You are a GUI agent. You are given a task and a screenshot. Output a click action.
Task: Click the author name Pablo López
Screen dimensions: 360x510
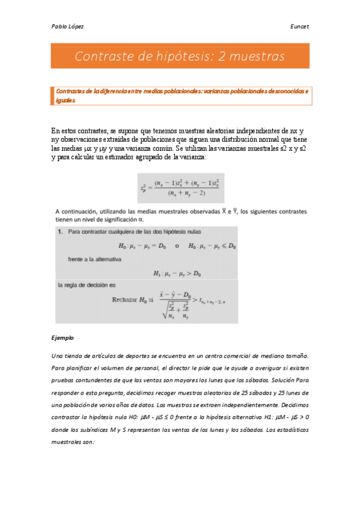67,26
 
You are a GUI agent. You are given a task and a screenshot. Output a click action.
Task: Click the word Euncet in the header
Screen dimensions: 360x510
299,26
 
